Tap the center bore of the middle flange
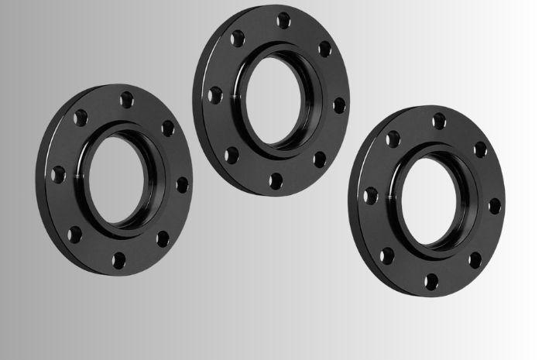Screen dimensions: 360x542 tap(276, 103)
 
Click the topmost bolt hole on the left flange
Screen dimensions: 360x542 tap(126, 99)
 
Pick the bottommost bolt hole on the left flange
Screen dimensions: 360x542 tap(118, 258)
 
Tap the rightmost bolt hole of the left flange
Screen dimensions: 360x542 tap(182, 184)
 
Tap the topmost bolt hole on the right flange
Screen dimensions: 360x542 tap(439, 121)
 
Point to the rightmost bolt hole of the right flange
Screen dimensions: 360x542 tap(494, 205)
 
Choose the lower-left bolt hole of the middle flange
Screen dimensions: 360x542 tap(230, 155)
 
